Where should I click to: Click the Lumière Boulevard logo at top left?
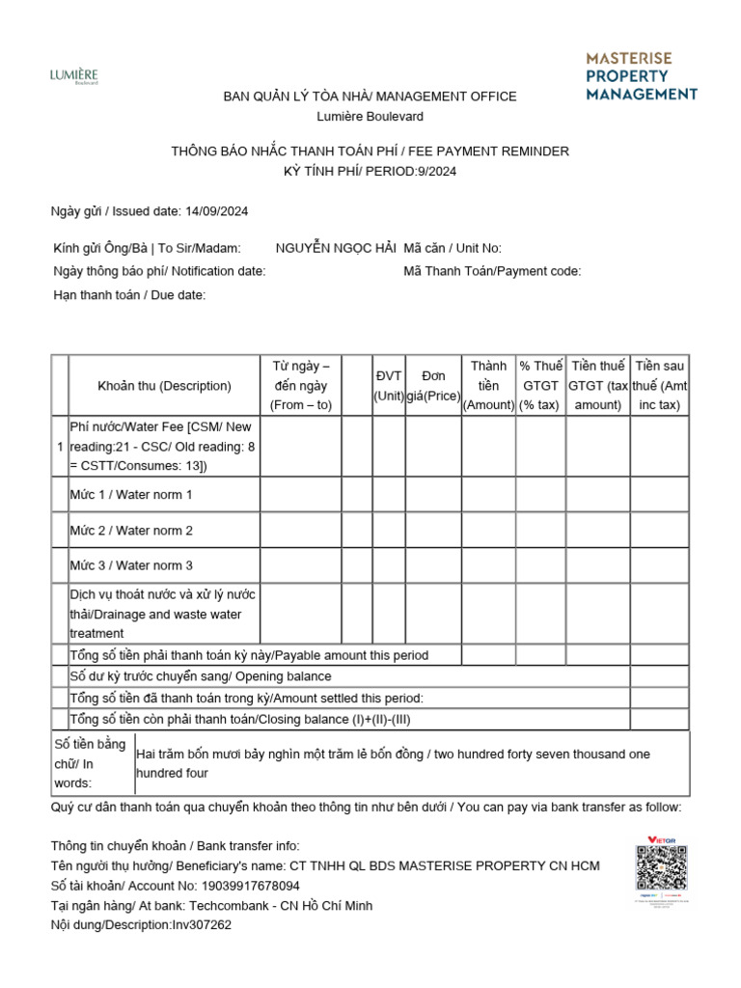[x=73, y=76]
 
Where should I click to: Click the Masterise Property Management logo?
[x=641, y=76]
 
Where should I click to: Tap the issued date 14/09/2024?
[x=215, y=211]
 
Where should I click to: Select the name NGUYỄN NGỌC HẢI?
[x=335, y=248]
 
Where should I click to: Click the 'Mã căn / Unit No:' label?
[x=453, y=248]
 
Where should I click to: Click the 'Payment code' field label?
[x=492, y=271]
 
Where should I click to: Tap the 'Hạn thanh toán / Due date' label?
[x=129, y=295]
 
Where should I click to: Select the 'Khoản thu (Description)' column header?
[x=164, y=386]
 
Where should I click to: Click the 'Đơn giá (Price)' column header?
[x=433, y=386]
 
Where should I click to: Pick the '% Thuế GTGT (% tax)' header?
[x=539, y=386]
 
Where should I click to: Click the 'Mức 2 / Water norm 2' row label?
[x=131, y=531]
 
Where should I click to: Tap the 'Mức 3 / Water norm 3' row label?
[x=131, y=565]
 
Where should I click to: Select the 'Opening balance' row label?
[x=201, y=676]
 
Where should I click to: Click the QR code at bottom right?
[x=661, y=870]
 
